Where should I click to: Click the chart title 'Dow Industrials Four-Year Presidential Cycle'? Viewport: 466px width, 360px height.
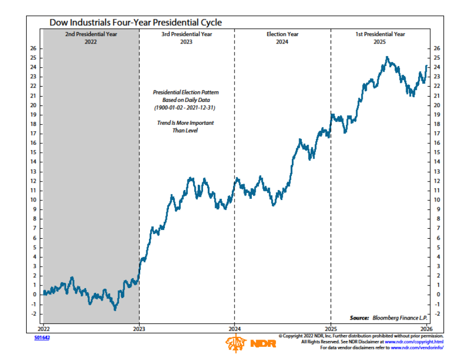tap(135, 23)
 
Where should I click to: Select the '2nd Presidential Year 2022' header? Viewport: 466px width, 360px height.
tap(91, 38)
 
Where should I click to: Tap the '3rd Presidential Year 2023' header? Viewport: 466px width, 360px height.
tap(186, 38)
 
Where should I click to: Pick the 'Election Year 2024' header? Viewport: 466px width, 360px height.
tap(282, 38)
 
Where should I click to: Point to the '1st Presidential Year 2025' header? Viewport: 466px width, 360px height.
tap(380, 38)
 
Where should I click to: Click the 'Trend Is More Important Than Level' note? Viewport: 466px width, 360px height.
tap(186, 126)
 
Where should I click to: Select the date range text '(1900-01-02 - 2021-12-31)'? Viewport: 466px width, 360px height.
tap(186, 108)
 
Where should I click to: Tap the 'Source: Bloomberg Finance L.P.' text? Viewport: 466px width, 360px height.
tap(388, 318)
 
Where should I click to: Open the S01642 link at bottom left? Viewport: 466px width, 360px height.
tap(41, 337)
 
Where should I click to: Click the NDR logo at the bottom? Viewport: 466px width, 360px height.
tap(247, 344)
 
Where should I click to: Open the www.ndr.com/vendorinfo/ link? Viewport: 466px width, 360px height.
tap(417, 347)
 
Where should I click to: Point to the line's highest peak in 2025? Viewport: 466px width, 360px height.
tap(387, 58)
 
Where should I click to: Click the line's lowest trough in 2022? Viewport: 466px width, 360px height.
tap(115, 309)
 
